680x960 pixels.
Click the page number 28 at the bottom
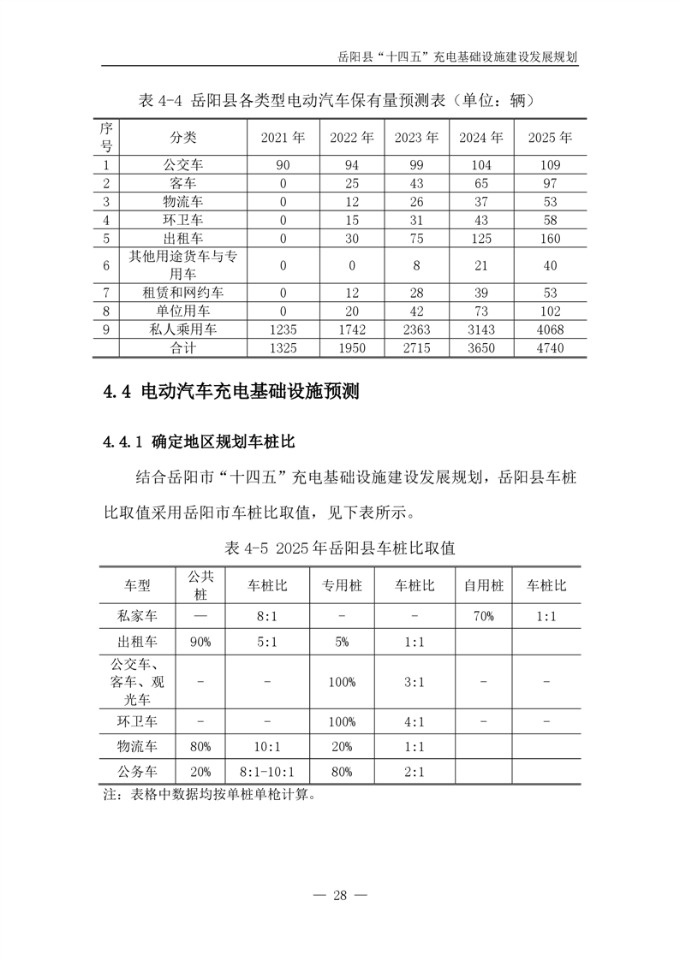[340, 895]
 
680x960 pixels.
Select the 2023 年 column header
[416, 137]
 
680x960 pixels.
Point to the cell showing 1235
[283, 329]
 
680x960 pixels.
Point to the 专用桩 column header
[342, 586]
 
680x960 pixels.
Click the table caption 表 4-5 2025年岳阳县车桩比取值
[339, 547]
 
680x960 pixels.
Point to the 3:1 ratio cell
[415, 681]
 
